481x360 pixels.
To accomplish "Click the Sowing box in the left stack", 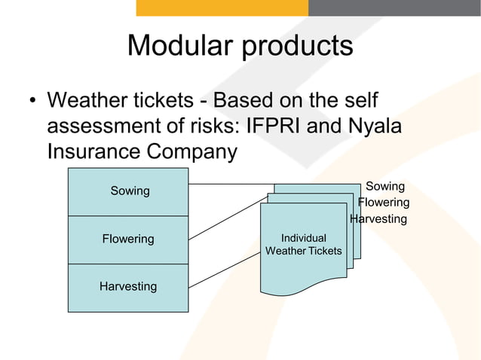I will click(x=129, y=191).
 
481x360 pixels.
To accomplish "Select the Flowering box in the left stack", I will click(x=128, y=239).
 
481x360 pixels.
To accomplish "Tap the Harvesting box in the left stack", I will click(x=128, y=287).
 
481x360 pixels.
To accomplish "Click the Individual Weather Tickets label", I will click(x=303, y=245).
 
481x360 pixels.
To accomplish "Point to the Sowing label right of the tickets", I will click(x=384, y=186).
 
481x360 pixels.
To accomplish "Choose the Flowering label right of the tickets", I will click(x=384, y=203).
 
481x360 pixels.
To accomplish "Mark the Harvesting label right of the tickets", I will click(x=378, y=219).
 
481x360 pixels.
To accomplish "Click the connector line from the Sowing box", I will click(x=230, y=184).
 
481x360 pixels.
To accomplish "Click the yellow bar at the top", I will click(x=222, y=8).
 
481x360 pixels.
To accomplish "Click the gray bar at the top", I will click(x=394, y=8).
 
